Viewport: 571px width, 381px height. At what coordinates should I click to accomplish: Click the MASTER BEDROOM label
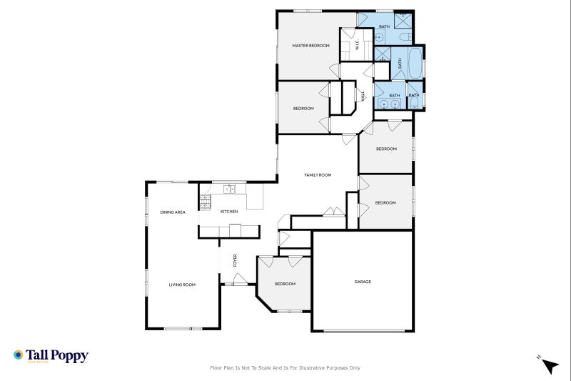tap(311, 46)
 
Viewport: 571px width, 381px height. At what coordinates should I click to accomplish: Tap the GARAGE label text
tap(363, 282)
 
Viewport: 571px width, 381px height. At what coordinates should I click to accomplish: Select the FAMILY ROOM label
tap(318, 175)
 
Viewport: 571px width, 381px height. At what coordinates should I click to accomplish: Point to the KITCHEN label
tap(228, 212)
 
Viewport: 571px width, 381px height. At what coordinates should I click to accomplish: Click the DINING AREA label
tap(173, 212)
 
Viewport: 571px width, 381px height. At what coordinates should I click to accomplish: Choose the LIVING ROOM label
tap(182, 284)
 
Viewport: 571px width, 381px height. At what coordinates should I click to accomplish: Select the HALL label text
tap(363, 95)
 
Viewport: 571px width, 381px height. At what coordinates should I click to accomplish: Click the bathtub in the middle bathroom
tap(415, 63)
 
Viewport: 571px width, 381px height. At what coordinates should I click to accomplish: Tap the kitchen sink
tap(228, 189)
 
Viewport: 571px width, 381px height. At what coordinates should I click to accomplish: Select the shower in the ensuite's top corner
tap(403, 16)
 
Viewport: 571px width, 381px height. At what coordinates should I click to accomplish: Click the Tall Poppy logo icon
tap(19, 355)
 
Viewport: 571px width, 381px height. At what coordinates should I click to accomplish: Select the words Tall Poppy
tap(57, 355)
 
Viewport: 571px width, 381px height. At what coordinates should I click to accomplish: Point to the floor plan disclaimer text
tap(285, 368)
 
